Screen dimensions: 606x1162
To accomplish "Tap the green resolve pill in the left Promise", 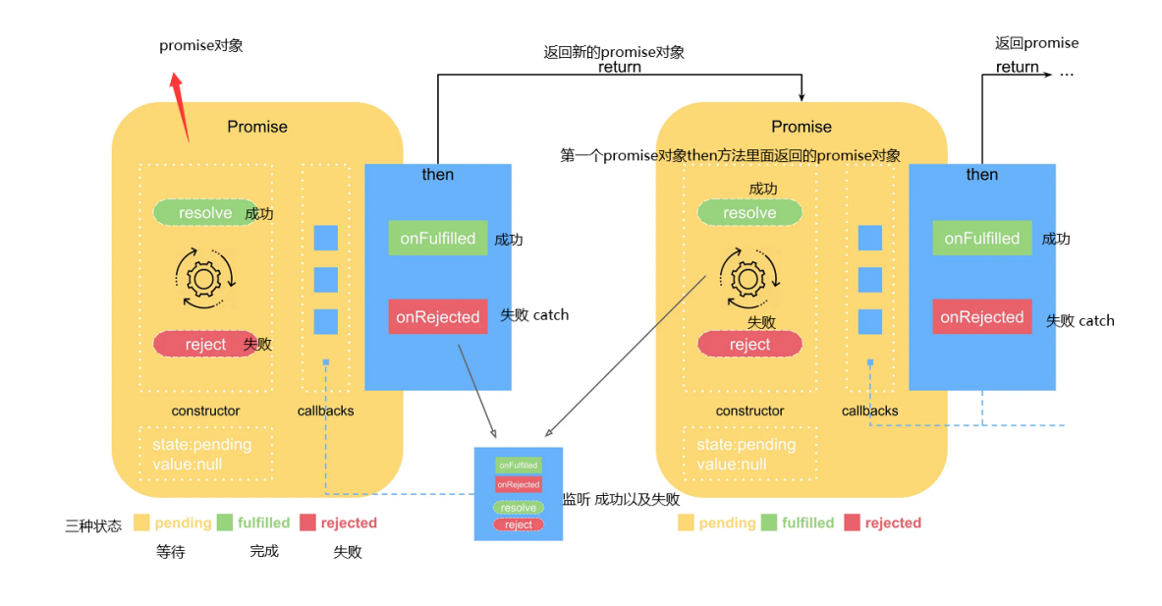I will pyautogui.click(x=204, y=213).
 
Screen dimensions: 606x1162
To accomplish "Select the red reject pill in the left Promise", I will pyautogui.click(x=205, y=344).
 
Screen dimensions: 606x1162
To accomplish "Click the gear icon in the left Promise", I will pyautogui.click(x=204, y=279).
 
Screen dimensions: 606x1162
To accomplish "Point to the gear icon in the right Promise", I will pyautogui.click(x=748, y=279).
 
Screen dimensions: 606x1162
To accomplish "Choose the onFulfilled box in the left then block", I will pyautogui.click(x=437, y=239).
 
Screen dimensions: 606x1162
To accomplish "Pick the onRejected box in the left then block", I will pyautogui.click(x=437, y=317).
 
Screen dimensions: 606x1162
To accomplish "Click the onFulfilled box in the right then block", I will pyautogui.click(x=981, y=239).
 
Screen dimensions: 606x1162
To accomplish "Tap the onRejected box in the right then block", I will pyautogui.click(x=981, y=317).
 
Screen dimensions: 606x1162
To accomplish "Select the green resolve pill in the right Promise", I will pyautogui.click(x=749, y=213).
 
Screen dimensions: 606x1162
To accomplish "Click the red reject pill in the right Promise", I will pyautogui.click(x=749, y=344).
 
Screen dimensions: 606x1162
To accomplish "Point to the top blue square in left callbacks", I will pyautogui.click(x=325, y=238).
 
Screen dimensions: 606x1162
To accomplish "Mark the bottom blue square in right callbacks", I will pyautogui.click(x=869, y=321).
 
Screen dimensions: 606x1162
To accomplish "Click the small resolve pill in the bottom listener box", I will pyautogui.click(x=518, y=508).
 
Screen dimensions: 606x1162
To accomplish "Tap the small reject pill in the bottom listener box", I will pyautogui.click(x=518, y=524).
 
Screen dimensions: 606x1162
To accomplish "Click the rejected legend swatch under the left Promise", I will pyautogui.click(x=307, y=523).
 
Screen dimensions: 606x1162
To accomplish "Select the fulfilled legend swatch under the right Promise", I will pyautogui.click(x=768, y=523).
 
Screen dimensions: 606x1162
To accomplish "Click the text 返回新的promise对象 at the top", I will pyautogui.click(x=614, y=52).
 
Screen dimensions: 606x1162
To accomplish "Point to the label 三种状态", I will pyautogui.click(x=93, y=524).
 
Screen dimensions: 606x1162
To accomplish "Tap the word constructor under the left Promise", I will pyautogui.click(x=205, y=411).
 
